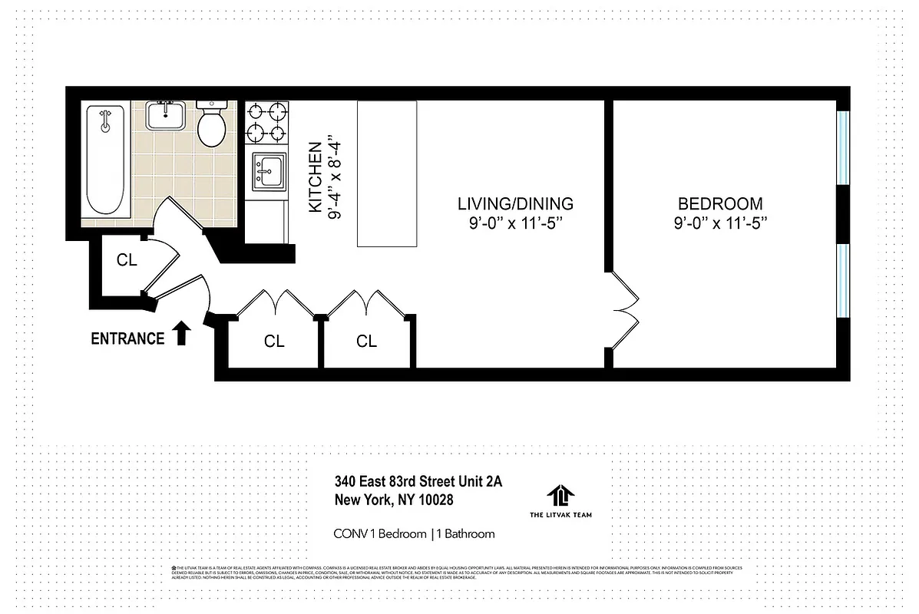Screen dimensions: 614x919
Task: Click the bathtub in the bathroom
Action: (x=105, y=160)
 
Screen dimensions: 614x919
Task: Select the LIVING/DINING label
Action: (x=515, y=204)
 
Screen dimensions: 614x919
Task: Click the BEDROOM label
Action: (x=719, y=204)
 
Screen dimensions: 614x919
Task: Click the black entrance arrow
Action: (x=181, y=334)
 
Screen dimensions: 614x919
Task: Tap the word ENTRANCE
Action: (x=127, y=338)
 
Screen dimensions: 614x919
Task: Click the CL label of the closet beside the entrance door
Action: (x=127, y=260)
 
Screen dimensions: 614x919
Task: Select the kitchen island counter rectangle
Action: (x=387, y=173)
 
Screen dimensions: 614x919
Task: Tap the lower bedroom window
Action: (x=843, y=280)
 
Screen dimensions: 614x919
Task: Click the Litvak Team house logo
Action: (x=560, y=495)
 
